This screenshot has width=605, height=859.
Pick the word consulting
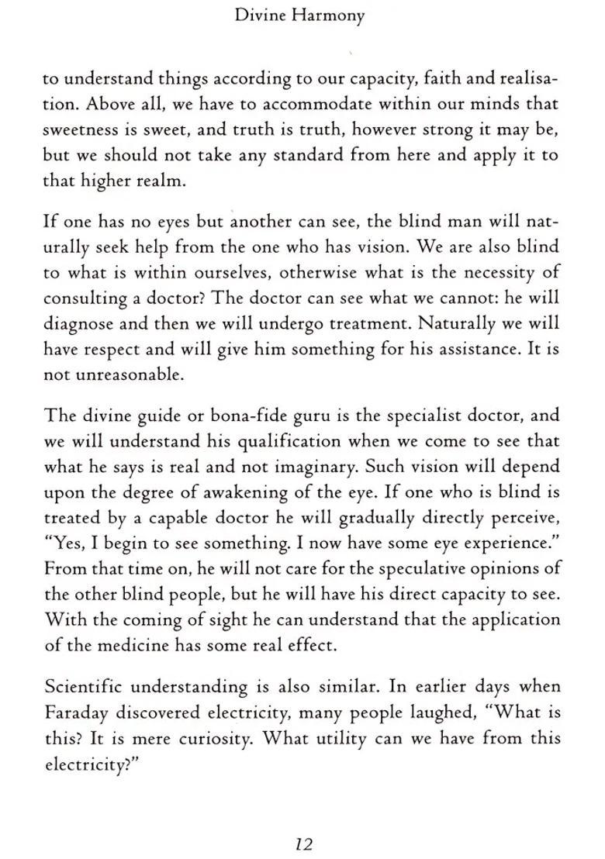pos(85,299)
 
